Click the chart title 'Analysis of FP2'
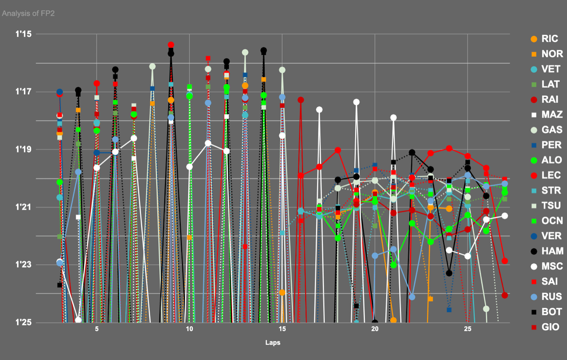tap(28, 13)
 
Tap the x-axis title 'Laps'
tap(273, 343)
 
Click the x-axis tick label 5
tap(97, 329)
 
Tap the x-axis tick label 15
tap(282, 329)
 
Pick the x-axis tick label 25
tap(468, 329)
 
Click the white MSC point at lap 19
tap(356, 102)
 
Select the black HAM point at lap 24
tap(449, 273)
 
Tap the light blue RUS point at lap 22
tap(412, 297)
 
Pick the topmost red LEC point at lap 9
tap(171, 45)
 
